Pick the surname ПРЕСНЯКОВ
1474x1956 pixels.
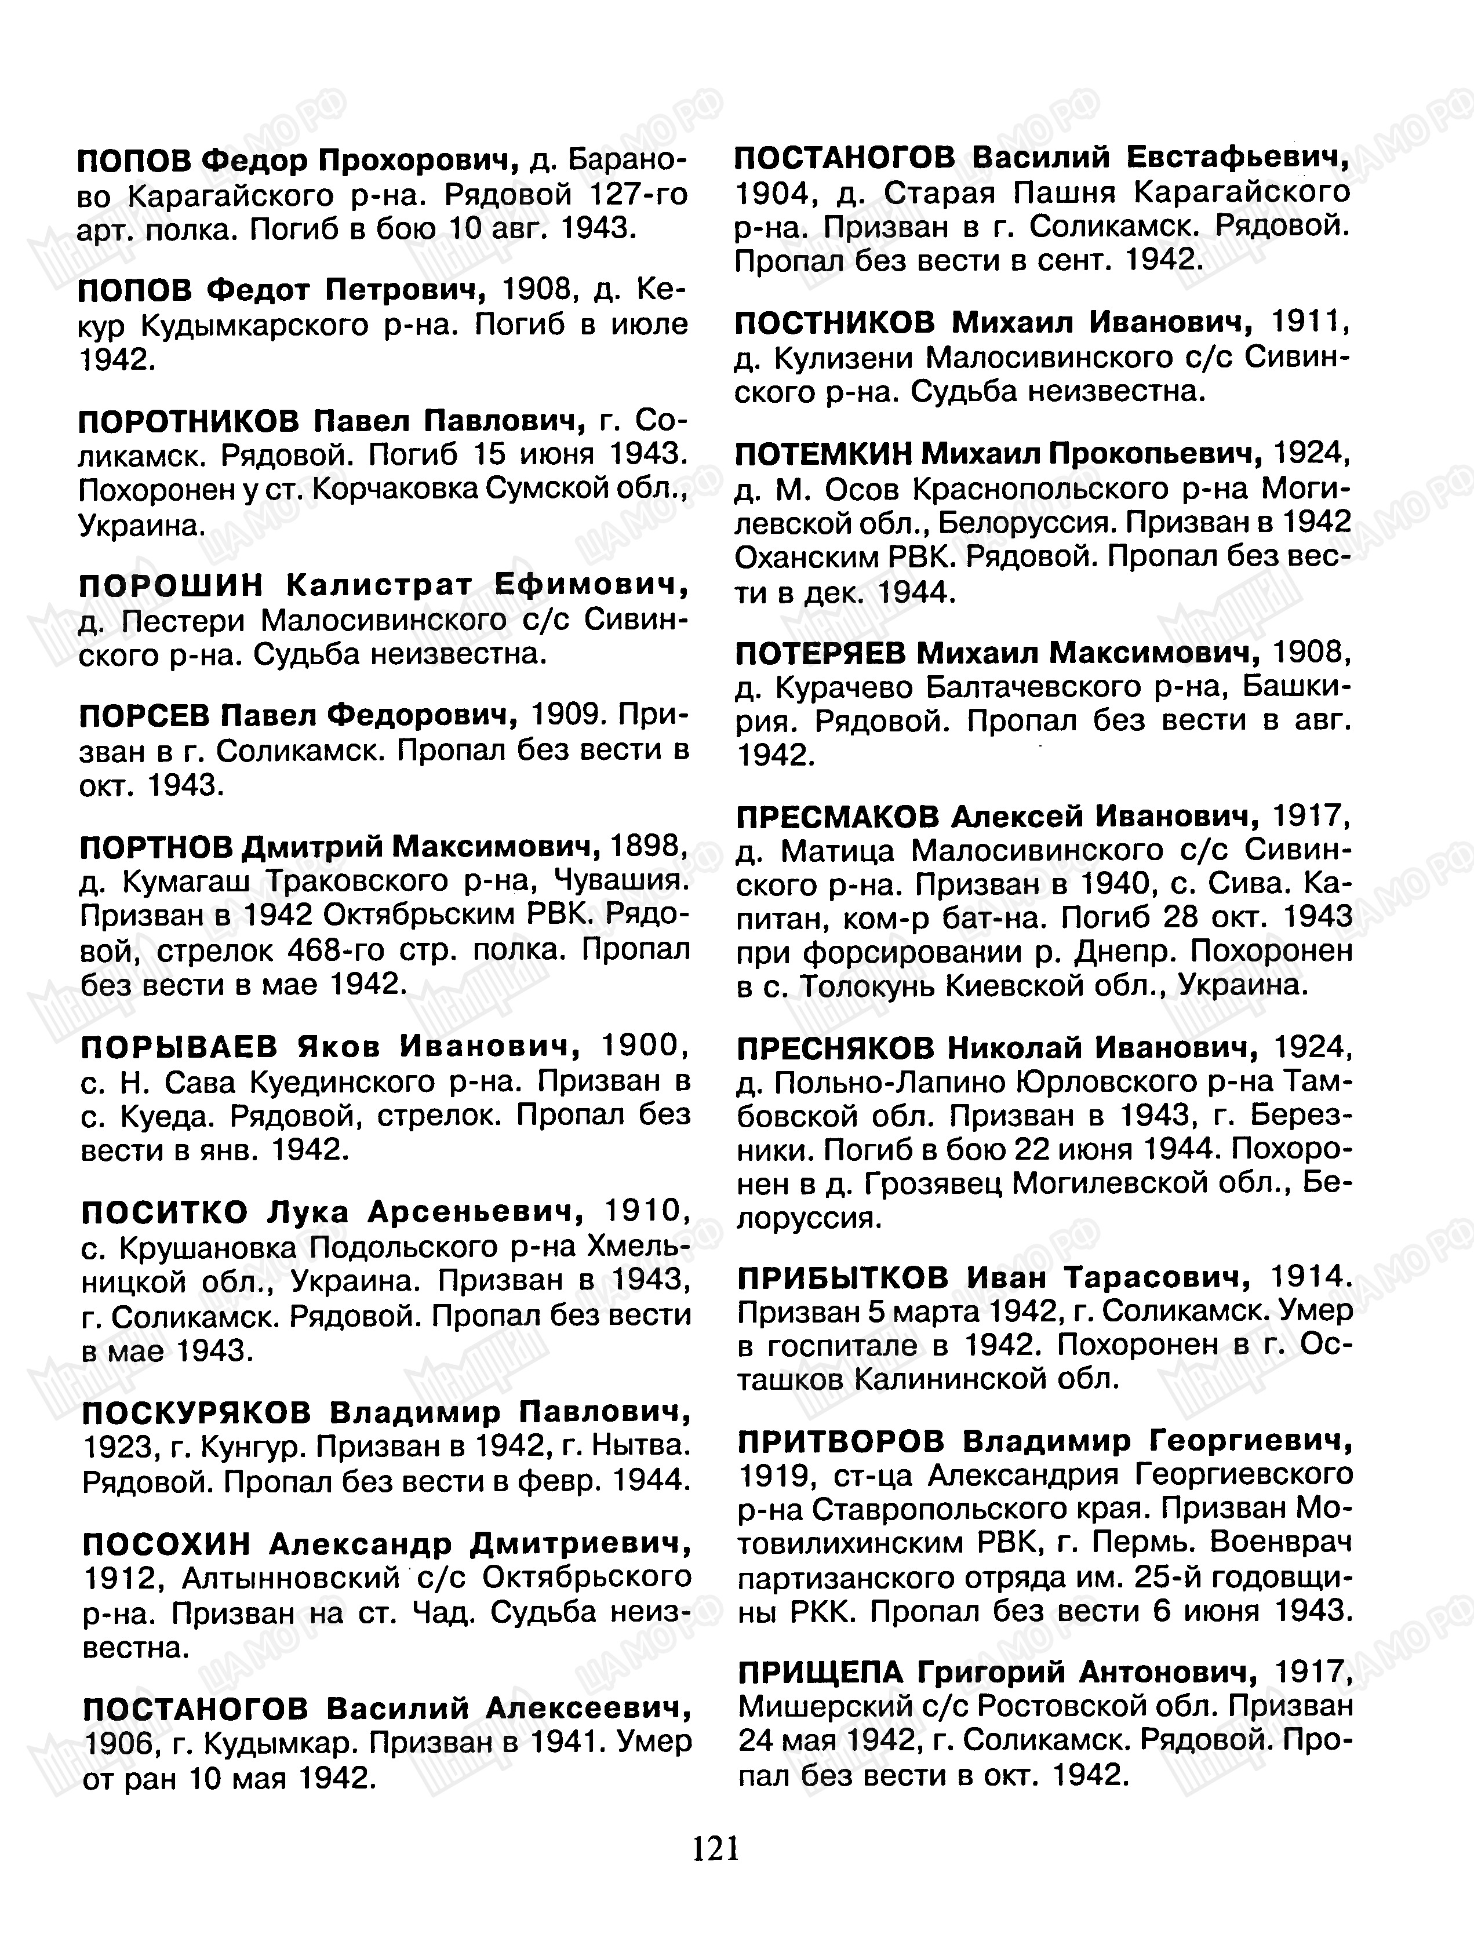835,1049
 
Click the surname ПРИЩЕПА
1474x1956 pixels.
821,1672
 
